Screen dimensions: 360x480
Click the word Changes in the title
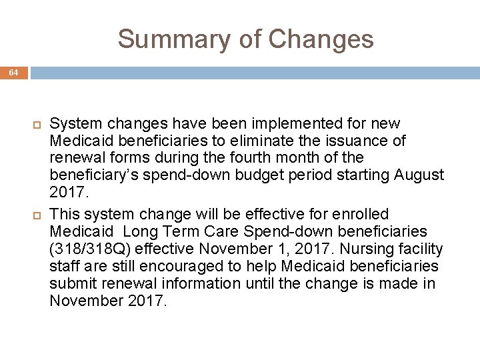click(321, 39)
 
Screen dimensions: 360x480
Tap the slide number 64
click(14, 73)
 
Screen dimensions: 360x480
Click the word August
click(419, 175)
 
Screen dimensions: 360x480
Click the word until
click(258, 283)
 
